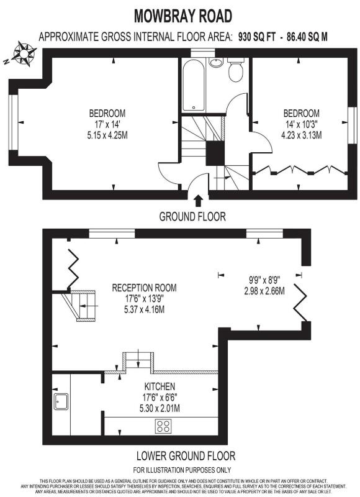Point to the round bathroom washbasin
pos(215,62)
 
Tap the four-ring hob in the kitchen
pos(163,426)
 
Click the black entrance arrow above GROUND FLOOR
pos(198,201)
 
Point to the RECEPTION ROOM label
pos(144,288)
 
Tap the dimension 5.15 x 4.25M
pos(107,133)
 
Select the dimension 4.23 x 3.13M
pos(301,133)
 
